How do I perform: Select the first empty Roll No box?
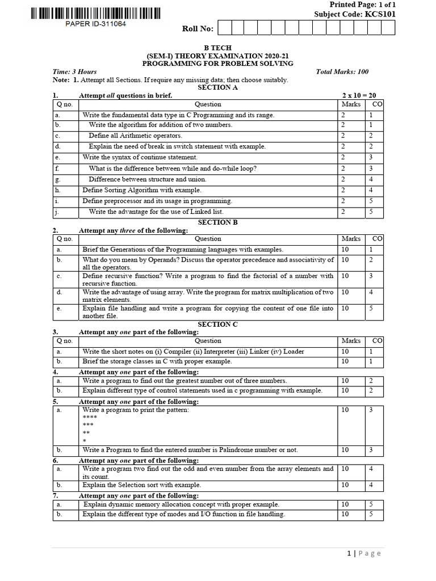(223, 28)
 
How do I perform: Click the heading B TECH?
(218, 48)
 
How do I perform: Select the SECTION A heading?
(218, 87)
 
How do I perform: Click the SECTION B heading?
(218, 222)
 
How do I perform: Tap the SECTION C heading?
(218, 324)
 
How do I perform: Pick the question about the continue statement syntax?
(140, 157)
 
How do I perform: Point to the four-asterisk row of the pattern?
(90, 417)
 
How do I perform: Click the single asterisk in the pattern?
(85, 441)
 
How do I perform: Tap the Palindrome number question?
(190, 450)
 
